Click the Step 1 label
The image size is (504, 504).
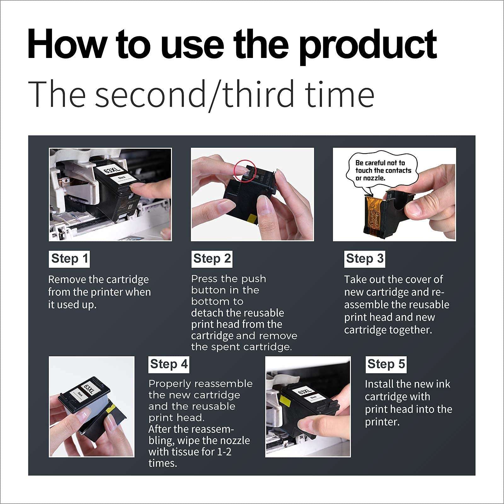coord(69,259)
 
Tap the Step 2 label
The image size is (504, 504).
coord(212,259)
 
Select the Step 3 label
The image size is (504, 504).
coord(364,259)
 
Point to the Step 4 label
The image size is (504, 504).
coord(169,364)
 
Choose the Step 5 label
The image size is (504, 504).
coord(386,364)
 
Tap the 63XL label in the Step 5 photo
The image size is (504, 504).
coord(304,392)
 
